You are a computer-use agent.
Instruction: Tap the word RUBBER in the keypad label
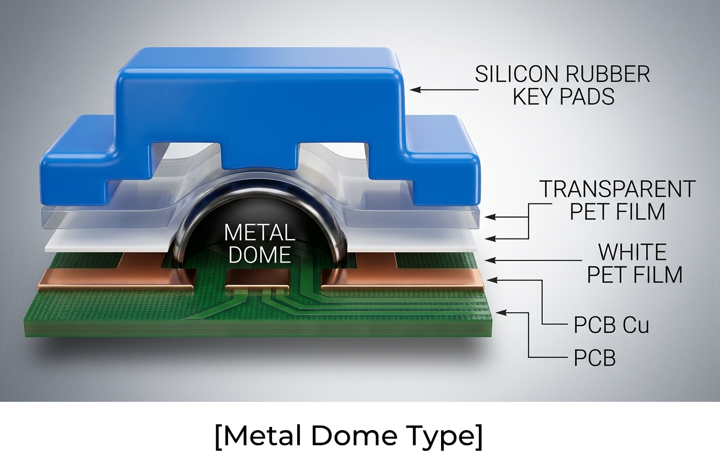pos(608,74)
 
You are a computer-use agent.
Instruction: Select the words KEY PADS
pos(564,96)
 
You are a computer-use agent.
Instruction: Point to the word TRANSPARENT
pos(617,189)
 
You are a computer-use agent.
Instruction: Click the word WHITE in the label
pos(632,252)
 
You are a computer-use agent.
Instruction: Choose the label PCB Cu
pos(611,325)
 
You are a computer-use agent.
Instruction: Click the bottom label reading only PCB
pos(594,357)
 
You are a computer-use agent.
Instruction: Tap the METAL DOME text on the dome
pos(260,243)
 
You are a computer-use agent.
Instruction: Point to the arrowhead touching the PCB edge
pos(502,312)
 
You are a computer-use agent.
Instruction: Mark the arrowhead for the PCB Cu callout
pos(492,280)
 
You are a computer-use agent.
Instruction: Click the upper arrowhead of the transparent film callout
pos(490,217)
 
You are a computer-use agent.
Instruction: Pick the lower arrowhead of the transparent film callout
pos(490,239)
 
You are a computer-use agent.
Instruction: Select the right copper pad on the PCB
pos(402,276)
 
